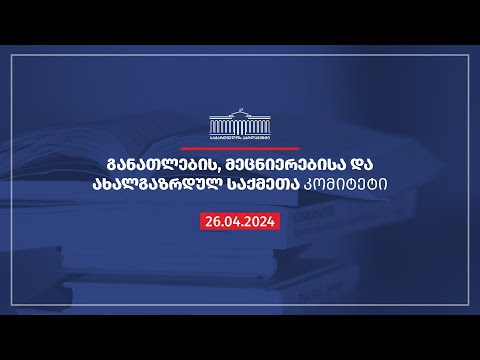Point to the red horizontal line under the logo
pyautogui.click(x=240, y=148)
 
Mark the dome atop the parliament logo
pyautogui.click(x=240, y=114)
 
